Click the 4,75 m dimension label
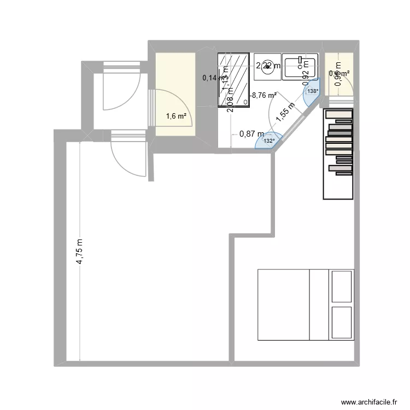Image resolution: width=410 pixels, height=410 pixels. pos(80,252)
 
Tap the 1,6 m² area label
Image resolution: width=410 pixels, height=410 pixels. pos(176,116)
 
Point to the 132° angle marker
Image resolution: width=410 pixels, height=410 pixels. pos(269,141)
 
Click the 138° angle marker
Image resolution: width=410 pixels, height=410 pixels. pos(312,91)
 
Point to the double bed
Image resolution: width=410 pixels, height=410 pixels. pos(305,304)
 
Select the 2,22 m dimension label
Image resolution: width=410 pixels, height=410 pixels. pos(268,66)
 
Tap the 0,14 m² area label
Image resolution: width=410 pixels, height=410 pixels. pos(215,78)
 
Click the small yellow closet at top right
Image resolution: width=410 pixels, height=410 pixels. pos(339,73)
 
